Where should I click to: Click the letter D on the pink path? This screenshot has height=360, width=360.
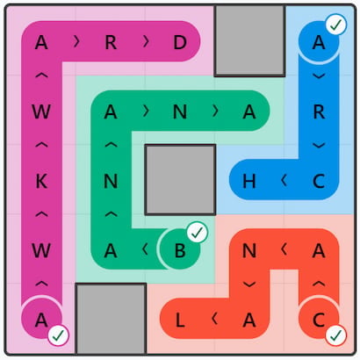[180, 42]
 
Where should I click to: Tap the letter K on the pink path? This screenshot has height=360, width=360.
[41, 181]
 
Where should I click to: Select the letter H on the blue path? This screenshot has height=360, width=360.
[249, 181]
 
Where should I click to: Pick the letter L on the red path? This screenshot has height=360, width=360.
[180, 320]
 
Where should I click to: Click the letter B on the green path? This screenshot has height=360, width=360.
[180, 250]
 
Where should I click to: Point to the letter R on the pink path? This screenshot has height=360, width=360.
[111, 42]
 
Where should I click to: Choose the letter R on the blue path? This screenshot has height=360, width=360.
[319, 112]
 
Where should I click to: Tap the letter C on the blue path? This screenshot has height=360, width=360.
[319, 181]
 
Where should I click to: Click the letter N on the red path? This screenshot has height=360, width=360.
[249, 250]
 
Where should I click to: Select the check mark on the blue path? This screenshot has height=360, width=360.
[336, 25]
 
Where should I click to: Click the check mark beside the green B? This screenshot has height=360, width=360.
[198, 233]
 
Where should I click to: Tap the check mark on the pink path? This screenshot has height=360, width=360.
[59, 335]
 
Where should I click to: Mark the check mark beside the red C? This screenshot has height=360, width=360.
[336, 335]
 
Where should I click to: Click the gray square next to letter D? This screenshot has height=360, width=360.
[249, 40]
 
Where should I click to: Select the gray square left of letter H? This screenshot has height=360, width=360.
[180, 180]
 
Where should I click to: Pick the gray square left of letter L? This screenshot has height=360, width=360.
[111, 319]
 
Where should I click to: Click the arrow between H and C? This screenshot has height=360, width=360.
[284, 181]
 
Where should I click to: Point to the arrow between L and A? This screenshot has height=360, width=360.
[214, 319]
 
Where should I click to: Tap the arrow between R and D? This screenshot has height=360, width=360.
[146, 42]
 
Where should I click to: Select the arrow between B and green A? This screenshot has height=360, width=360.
[145, 249]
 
